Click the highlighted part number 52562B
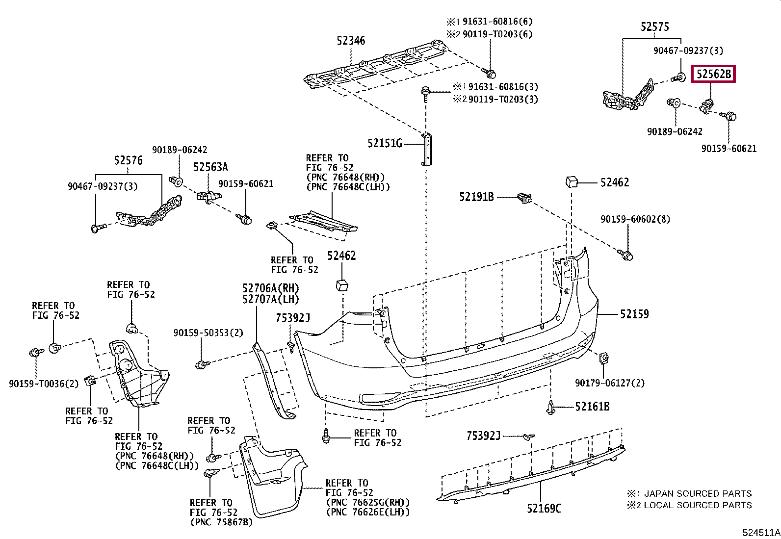point(713,74)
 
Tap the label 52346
point(351,41)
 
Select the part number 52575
point(654,27)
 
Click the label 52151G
point(385,143)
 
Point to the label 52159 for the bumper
point(634,314)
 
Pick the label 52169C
point(544,509)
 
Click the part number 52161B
point(592,407)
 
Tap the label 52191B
point(476,197)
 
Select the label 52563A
point(210,167)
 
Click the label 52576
point(129,160)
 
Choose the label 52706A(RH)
point(271,288)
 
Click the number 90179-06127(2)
point(609,383)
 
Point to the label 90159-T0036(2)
point(44,384)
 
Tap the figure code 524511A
point(761,533)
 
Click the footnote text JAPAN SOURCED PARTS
point(697,493)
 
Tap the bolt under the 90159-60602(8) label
point(625,255)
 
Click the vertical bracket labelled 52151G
point(426,149)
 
